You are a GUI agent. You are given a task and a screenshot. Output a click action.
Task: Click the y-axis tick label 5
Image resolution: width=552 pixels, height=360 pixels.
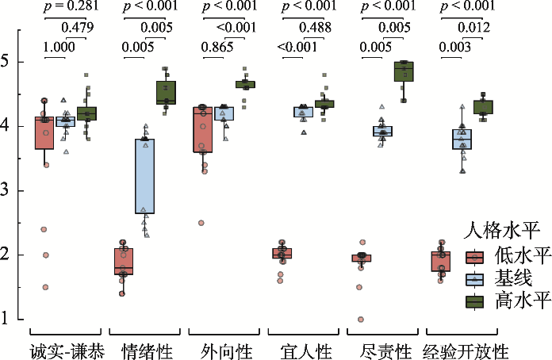[5, 62]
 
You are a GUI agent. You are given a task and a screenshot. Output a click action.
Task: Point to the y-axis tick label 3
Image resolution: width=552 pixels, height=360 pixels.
[5, 190]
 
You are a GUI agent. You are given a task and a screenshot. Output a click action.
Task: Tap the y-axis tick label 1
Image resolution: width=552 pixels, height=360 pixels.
[5, 319]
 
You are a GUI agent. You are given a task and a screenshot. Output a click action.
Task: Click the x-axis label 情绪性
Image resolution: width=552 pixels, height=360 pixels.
[148, 350]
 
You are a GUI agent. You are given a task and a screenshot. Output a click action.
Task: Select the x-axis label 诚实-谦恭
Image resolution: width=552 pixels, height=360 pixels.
[67, 350]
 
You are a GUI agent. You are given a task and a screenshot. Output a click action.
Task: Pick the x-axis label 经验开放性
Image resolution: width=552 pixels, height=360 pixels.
[466, 350]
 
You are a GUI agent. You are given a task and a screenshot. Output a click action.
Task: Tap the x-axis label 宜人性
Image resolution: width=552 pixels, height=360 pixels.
[306, 350]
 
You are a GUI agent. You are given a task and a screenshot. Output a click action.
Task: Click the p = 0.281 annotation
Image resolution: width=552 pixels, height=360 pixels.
[71, 6]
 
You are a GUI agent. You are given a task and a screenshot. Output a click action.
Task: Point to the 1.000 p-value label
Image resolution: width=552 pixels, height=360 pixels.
[59, 47]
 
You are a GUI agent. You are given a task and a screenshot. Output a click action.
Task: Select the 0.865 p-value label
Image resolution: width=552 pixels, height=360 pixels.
[217, 47]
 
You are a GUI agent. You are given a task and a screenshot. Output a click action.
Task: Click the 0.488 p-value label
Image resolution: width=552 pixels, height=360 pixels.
[316, 28]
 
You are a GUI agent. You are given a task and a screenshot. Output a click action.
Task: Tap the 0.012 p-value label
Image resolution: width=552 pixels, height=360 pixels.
[474, 28]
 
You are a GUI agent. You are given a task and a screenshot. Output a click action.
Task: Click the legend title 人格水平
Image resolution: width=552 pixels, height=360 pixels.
[501, 231]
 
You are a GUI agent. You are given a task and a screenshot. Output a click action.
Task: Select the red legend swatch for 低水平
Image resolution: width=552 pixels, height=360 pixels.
[474, 258]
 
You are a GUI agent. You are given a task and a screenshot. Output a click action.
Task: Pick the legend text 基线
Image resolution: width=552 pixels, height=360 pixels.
[513, 278]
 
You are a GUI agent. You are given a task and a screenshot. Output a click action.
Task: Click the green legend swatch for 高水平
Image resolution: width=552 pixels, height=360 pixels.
[474, 302]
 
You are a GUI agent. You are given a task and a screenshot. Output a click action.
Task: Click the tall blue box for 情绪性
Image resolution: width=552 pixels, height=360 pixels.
[144, 176]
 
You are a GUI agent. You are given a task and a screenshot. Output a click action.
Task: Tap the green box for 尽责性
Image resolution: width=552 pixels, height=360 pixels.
[404, 71]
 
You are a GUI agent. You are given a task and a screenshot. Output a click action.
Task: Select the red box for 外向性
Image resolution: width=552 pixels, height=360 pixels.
[203, 129]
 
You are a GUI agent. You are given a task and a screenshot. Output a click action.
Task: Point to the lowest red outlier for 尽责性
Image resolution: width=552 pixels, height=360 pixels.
[361, 320]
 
